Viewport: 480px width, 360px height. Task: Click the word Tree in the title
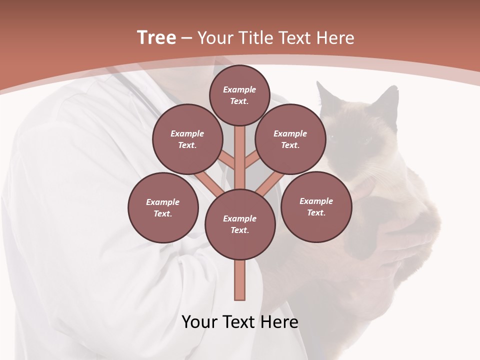coord(156,37)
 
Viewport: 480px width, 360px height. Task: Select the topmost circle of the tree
coord(239,95)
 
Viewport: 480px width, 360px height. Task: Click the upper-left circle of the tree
coord(187,139)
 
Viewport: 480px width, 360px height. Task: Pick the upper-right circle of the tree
coord(290,139)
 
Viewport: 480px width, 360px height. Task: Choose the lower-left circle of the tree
coord(163,207)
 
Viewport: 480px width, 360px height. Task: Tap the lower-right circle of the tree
coord(316,206)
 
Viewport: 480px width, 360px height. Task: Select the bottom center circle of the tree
coord(240,224)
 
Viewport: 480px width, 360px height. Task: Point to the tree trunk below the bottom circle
coord(240,280)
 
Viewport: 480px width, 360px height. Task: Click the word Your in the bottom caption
coord(199,321)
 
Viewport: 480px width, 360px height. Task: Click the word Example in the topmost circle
coord(239,89)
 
